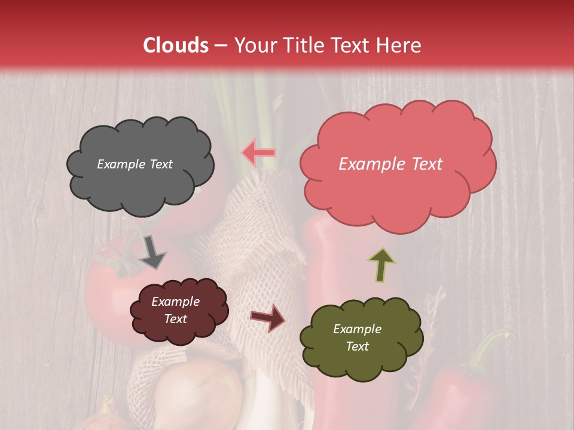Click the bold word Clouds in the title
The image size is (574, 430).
click(x=176, y=45)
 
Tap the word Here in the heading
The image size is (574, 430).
click(x=399, y=45)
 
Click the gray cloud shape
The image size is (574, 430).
click(x=141, y=185)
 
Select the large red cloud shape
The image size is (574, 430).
click(x=398, y=191)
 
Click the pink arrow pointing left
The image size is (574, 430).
click(x=258, y=153)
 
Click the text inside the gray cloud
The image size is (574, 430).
click(x=135, y=164)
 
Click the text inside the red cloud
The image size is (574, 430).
click(x=390, y=164)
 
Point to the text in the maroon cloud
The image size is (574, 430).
click(x=176, y=310)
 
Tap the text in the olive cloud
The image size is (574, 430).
click(x=357, y=337)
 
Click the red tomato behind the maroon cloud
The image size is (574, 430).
click(x=108, y=299)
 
